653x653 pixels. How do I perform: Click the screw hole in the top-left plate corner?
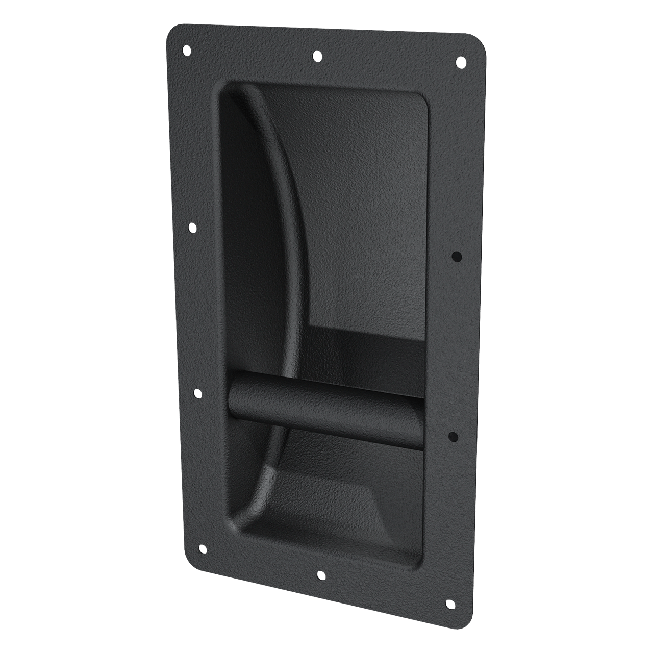[186, 50]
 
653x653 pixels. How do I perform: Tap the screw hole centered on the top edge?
[317, 55]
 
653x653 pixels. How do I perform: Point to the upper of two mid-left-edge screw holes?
[192, 228]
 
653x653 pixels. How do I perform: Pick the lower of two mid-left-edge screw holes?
[197, 394]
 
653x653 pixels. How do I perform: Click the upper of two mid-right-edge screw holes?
[457, 256]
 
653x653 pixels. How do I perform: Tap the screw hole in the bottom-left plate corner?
[202, 549]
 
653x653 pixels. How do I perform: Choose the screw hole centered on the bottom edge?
[320, 575]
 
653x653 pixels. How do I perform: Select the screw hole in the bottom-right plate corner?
[450, 605]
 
